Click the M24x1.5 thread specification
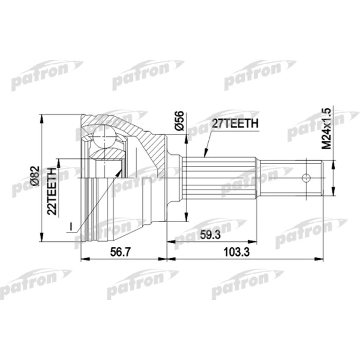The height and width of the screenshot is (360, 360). pyautogui.click(x=325, y=129)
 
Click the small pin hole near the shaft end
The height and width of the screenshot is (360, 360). pyautogui.click(x=306, y=178)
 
